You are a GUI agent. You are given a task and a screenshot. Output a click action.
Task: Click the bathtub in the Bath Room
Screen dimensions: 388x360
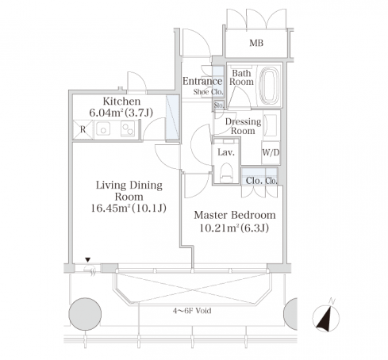270,85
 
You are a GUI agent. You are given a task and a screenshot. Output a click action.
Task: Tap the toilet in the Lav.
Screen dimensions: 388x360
226,173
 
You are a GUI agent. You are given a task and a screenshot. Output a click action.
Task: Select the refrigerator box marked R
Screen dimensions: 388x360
83,129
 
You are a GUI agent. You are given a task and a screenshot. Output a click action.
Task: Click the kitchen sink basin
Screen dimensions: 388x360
103,128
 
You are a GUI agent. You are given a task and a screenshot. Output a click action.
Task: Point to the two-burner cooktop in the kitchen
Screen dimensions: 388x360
128,128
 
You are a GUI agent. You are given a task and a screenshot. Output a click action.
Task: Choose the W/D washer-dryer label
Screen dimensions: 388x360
271,152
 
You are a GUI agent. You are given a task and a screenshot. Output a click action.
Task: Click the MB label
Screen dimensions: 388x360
256,43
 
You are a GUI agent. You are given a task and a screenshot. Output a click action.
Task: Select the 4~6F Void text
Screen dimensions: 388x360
192,311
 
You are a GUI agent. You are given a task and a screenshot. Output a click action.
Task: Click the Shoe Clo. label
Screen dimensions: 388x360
209,92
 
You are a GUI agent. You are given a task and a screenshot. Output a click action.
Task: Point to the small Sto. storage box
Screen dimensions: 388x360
219,105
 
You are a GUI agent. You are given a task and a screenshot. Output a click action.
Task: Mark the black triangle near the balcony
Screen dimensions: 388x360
88,260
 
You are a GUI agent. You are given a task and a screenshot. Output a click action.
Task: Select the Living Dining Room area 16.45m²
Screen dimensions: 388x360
111,209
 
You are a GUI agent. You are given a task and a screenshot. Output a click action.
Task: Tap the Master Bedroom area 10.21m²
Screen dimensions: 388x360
219,228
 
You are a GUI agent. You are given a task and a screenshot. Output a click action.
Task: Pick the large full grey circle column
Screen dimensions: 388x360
85,314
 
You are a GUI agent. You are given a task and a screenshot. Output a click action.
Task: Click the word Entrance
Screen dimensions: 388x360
202,81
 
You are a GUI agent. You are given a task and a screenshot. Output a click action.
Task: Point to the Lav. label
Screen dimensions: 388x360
226,152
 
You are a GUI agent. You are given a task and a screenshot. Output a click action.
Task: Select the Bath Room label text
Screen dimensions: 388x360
241,77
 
